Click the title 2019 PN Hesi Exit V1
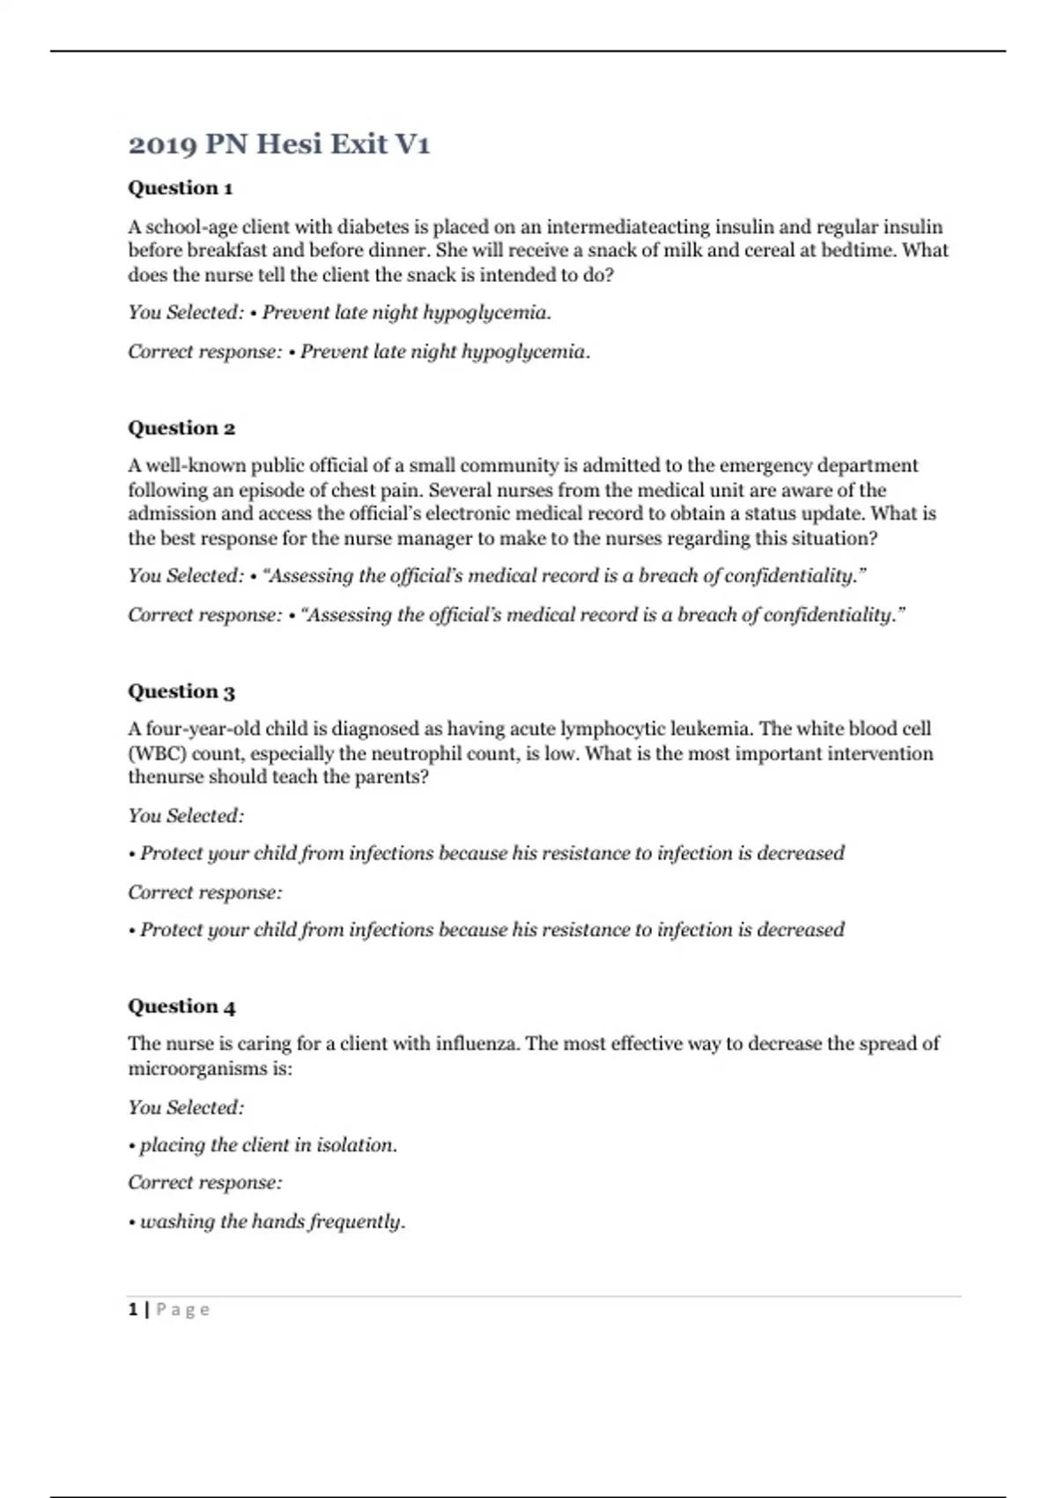click(x=278, y=144)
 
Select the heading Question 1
click(x=181, y=188)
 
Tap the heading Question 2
click(x=181, y=428)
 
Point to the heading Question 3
click(x=181, y=692)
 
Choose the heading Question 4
click(x=181, y=1006)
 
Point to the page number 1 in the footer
click(x=133, y=1309)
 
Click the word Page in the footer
click(x=183, y=1309)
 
